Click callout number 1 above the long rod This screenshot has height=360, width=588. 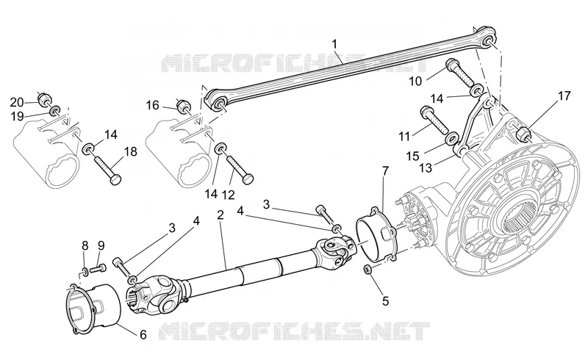[334, 44]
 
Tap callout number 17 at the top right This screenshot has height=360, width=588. [564, 96]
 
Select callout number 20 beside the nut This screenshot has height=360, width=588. [17, 102]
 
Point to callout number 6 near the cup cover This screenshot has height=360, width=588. [143, 334]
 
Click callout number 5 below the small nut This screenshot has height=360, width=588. [385, 300]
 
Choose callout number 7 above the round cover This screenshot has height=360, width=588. [385, 172]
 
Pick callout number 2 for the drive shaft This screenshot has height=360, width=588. [220, 215]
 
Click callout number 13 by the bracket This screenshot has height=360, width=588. [426, 168]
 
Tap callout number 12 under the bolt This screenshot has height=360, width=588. [228, 195]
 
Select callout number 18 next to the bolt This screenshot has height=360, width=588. [131, 152]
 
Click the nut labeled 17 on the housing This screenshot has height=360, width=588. [521, 134]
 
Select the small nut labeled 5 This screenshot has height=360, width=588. [368, 269]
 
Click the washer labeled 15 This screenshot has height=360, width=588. [451, 139]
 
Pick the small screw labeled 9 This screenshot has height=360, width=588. [98, 268]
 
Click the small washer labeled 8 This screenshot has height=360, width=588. [85, 270]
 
